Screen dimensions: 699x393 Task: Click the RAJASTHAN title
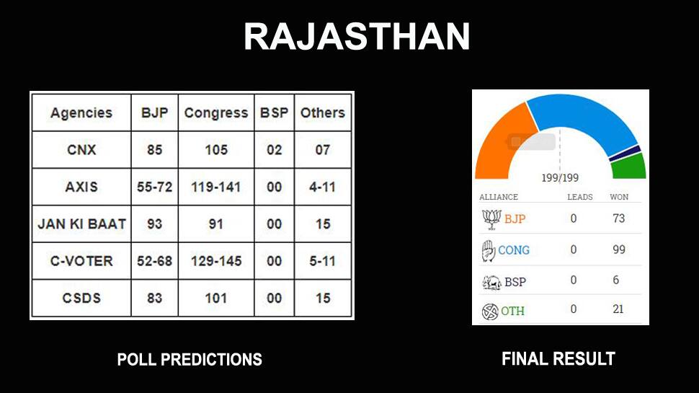point(357,37)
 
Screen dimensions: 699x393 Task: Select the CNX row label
point(81,150)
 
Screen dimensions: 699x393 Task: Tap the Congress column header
point(216,113)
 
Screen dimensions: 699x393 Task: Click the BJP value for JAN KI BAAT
point(155,224)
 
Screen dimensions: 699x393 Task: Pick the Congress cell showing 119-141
point(216,187)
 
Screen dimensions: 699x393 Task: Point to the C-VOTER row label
point(81,261)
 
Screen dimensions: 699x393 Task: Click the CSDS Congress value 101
point(216,298)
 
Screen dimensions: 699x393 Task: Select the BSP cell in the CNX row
point(274,150)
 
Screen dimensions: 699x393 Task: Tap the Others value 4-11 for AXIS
point(323,187)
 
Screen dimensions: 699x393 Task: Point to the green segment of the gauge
point(629,167)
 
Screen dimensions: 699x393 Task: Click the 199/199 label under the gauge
point(560,178)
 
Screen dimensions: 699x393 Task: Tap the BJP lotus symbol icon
point(491,219)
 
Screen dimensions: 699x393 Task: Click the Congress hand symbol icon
point(489,251)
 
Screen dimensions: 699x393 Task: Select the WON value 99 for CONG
point(619,250)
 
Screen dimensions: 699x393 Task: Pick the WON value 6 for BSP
point(615,280)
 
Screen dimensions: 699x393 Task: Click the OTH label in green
point(512,311)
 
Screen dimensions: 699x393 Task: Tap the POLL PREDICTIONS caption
point(190,360)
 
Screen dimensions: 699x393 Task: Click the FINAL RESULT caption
point(558,358)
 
